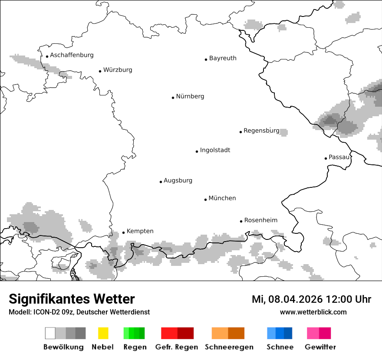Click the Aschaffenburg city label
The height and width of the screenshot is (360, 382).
tap(72, 55)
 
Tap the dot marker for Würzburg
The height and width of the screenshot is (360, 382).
tap(100, 71)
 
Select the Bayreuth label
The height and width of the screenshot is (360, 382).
tap(223, 58)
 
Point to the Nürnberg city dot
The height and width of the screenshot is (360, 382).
tap(173, 98)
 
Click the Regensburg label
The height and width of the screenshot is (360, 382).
tap(261, 131)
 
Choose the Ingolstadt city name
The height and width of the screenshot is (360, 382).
tap(215, 150)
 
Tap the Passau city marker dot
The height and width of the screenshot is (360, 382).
tap(326, 158)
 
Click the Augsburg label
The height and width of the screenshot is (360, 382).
tap(178, 180)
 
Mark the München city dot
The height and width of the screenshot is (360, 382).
tap(205, 200)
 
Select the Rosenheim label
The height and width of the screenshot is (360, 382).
tap(260, 220)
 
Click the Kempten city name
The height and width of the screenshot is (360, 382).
tap(140, 231)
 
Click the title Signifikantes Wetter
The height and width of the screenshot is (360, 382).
tap(72, 299)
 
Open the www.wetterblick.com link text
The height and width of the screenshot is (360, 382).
tap(313, 312)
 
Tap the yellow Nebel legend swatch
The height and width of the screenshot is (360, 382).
tap(103, 333)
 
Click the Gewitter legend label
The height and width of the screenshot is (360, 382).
tap(320, 347)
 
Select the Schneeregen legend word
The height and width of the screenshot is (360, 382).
tap(229, 347)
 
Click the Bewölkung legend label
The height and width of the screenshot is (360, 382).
tap(63, 347)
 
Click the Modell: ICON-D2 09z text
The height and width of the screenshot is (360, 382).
tap(41, 312)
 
